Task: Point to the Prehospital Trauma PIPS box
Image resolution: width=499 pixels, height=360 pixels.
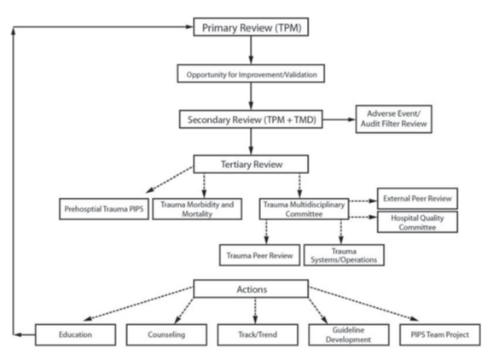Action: (x=102, y=208)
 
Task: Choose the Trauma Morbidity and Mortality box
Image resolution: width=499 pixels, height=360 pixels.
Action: (x=196, y=208)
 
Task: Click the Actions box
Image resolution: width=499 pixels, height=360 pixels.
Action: (x=248, y=290)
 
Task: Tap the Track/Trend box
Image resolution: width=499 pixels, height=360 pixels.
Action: (x=248, y=334)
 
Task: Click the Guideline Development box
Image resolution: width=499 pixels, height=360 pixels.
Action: (x=339, y=334)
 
